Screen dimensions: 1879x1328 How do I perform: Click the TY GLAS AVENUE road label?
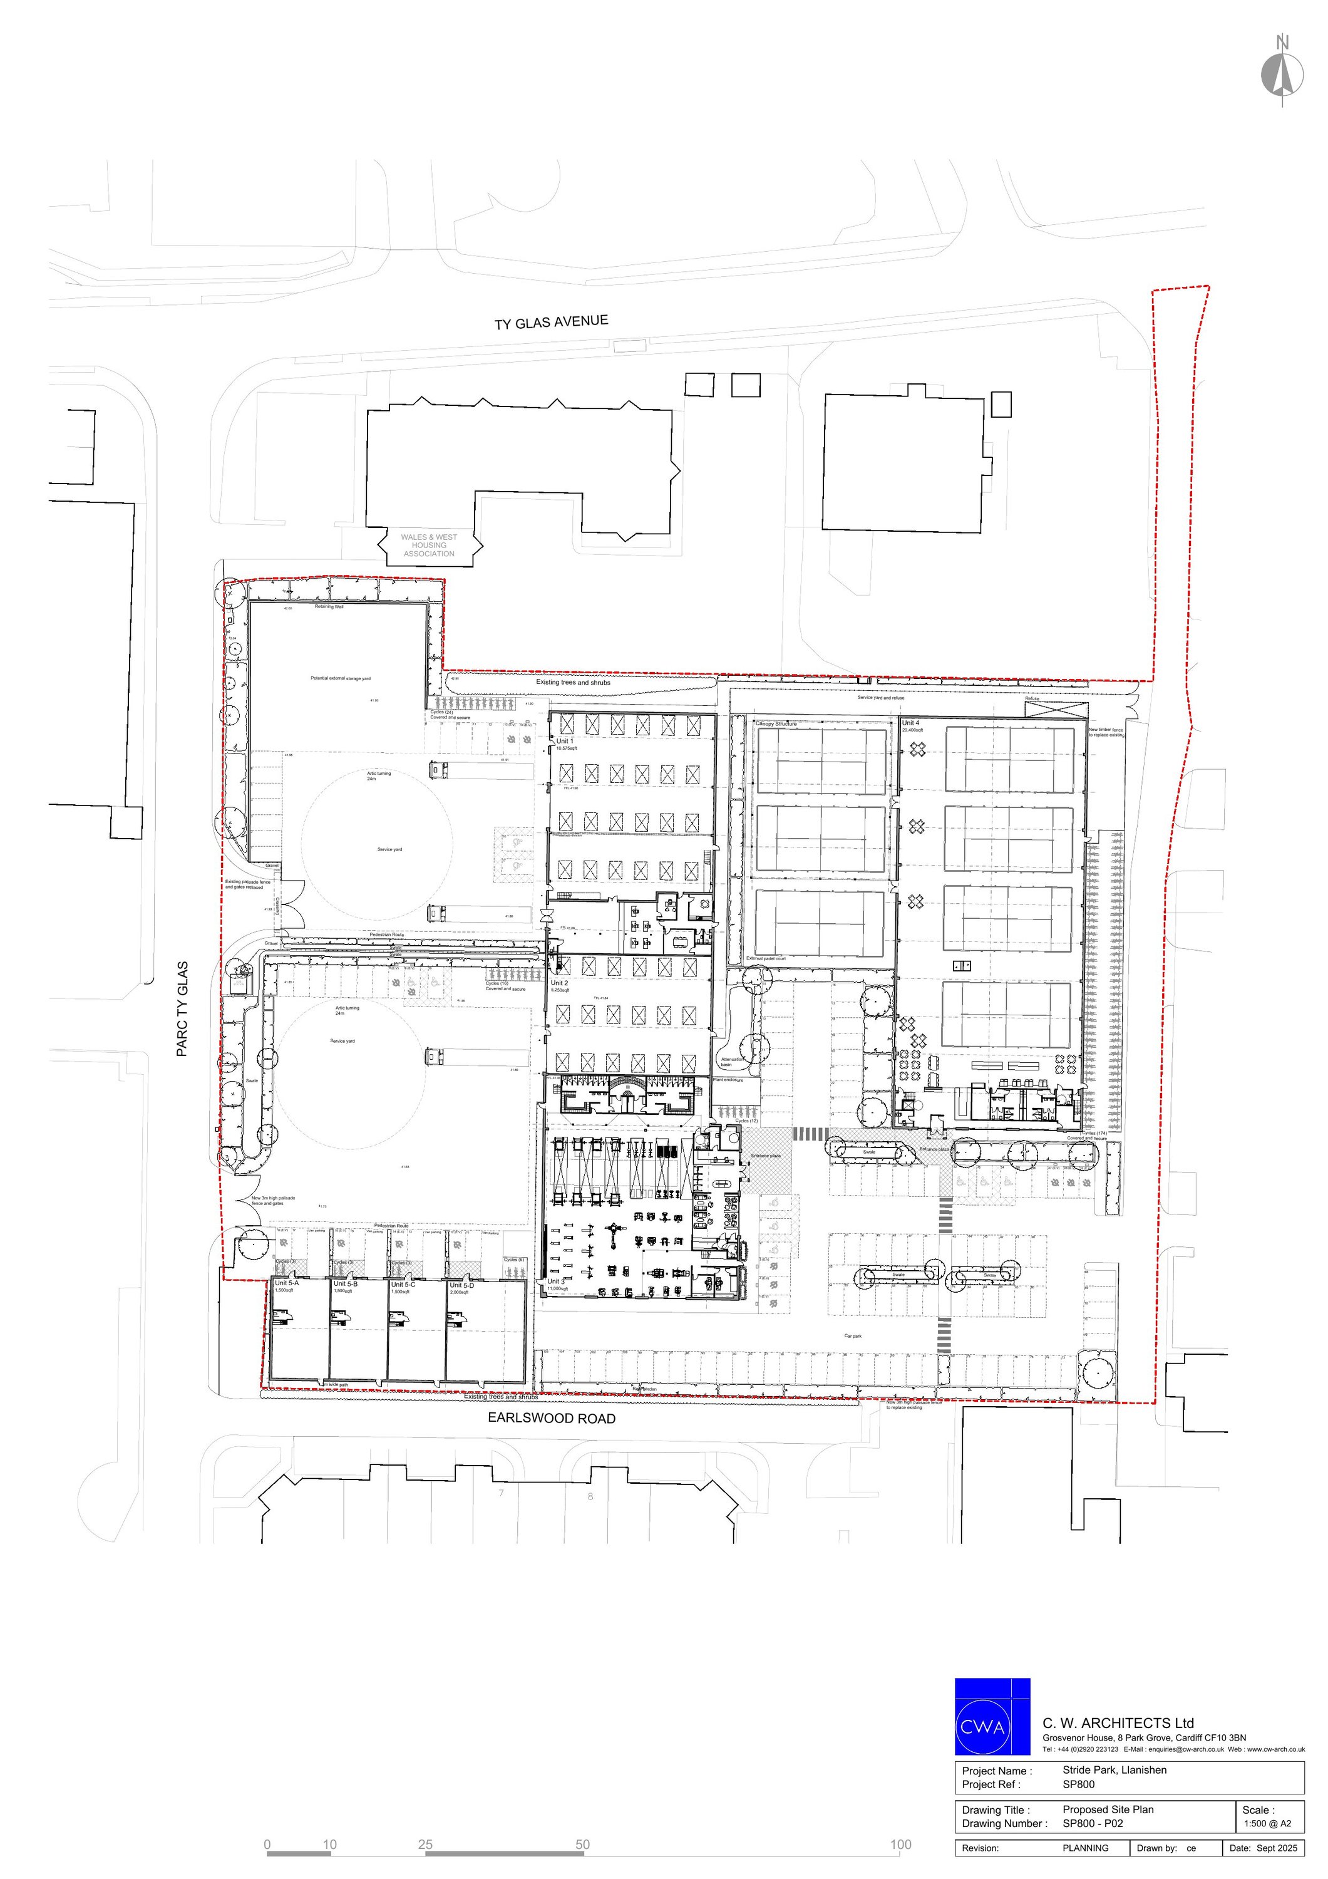tap(551, 322)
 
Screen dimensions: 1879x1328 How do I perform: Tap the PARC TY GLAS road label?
tap(182, 1008)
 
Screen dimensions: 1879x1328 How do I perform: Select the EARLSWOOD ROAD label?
tap(552, 1418)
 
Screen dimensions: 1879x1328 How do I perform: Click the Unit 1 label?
tap(565, 740)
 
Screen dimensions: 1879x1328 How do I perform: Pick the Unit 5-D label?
tap(461, 1285)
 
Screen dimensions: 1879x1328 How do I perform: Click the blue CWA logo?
tap(992, 1727)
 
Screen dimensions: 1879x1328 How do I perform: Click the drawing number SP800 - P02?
tap(1093, 1823)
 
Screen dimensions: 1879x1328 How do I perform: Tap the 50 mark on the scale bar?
tap(582, 1844)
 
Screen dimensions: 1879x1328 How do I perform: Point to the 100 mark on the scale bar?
tap(900, 1844)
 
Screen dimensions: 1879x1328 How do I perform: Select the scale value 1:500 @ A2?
tap(1267, 1823)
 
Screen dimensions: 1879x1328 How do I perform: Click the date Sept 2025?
tap(1277, 1848)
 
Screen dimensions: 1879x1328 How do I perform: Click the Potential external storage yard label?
tap(341, 678)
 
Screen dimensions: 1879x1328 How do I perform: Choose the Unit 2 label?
tap(560, 983)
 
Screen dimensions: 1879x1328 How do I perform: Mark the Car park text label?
tap(853, 1335)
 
